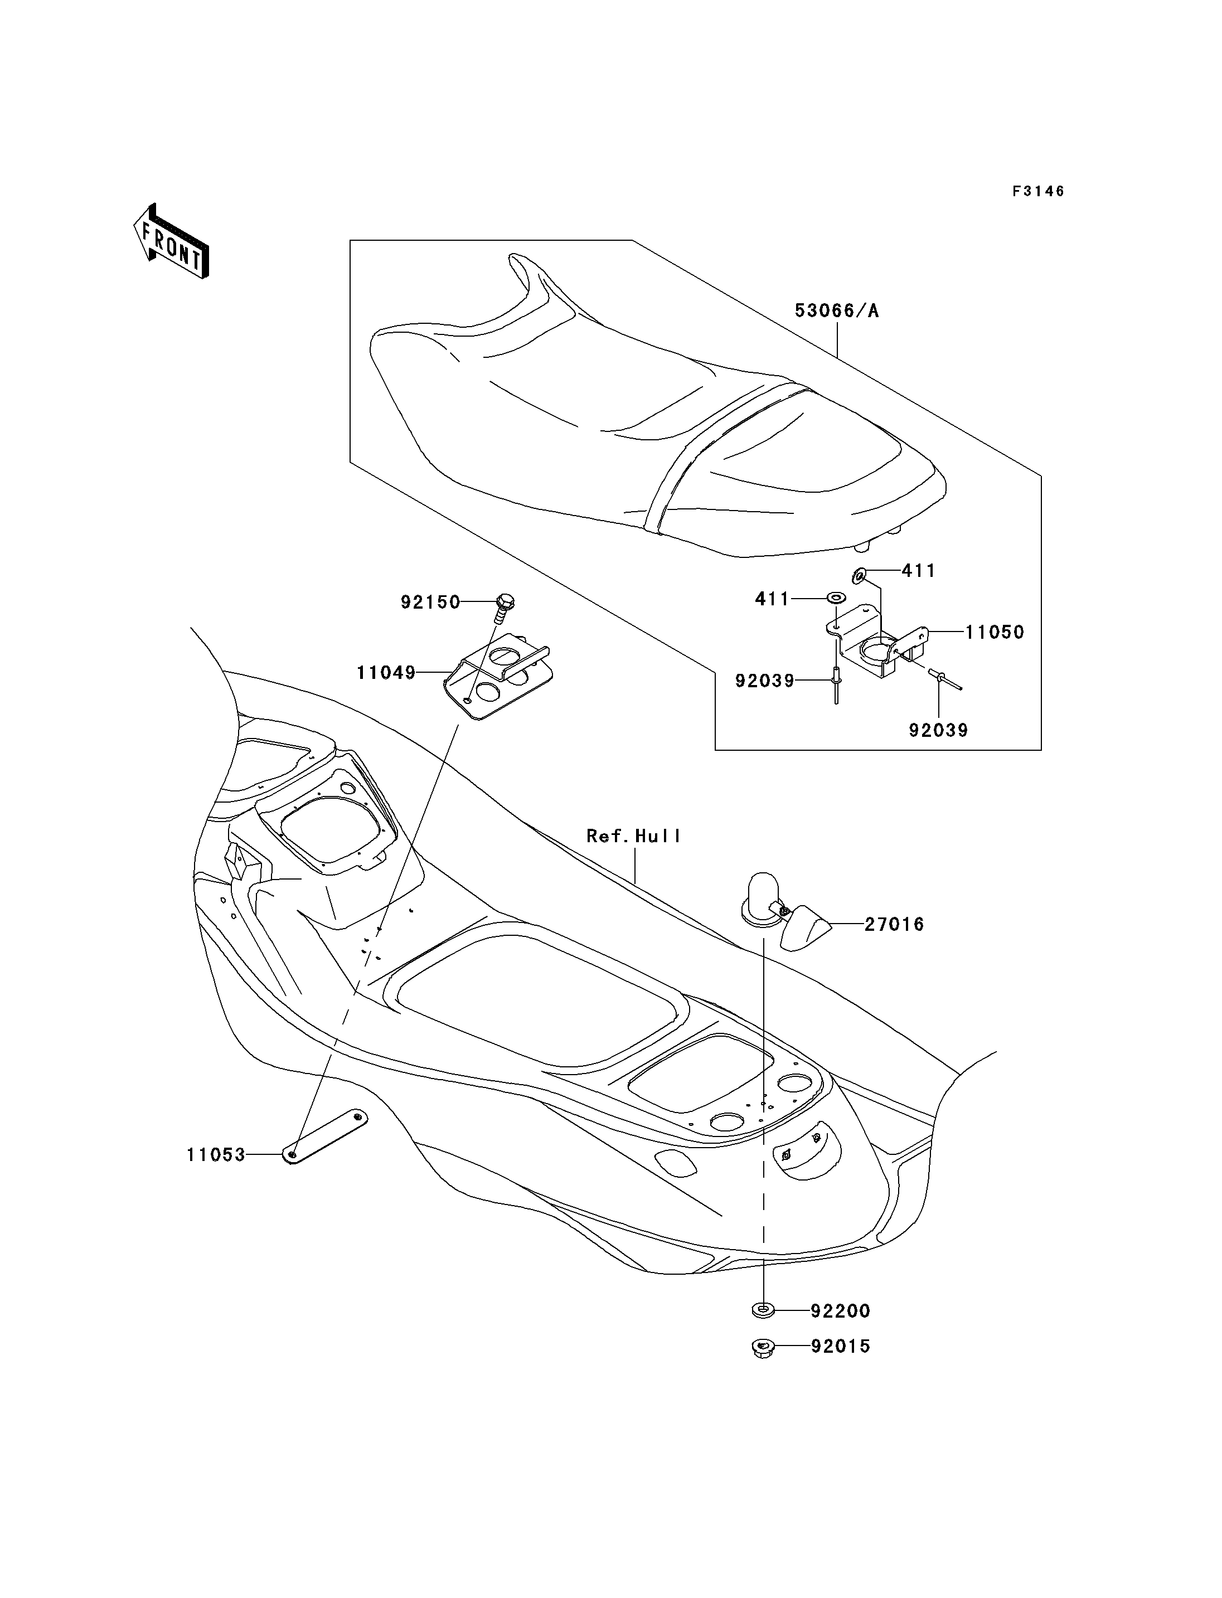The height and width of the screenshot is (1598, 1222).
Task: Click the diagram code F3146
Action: [x=1039, y=191]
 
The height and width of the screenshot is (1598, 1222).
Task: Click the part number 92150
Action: [x=430, y=603]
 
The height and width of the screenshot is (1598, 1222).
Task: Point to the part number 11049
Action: [x=386, y=673]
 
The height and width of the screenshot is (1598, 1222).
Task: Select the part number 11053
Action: [x=216, y=1155]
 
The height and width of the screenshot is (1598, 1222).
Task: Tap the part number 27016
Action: [x=894, y=925]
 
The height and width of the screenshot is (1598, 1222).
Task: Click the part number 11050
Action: [x=995, y=632]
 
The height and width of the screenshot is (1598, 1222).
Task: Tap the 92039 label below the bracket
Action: [x=938, y=730]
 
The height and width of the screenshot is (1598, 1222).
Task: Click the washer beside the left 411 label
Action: [x=836, y=599]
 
